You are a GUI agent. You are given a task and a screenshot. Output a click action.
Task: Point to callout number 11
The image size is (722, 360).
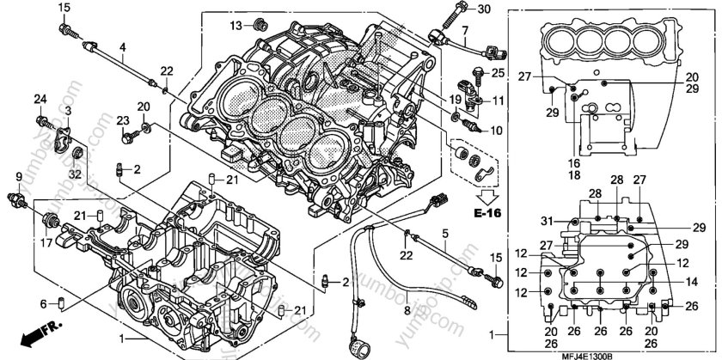[x=498, y=102]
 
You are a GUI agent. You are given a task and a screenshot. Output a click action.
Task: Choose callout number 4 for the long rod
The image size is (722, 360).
[x=122, y=46]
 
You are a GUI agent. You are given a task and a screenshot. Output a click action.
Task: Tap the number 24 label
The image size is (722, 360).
[x=40, y=101]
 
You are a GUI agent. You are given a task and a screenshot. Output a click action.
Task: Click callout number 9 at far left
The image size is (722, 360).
[x=16, y=177]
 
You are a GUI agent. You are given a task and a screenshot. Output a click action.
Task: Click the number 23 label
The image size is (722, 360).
[x=122, y=119]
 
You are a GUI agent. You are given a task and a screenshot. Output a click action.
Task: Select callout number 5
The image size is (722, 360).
[x=445, y=233]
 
